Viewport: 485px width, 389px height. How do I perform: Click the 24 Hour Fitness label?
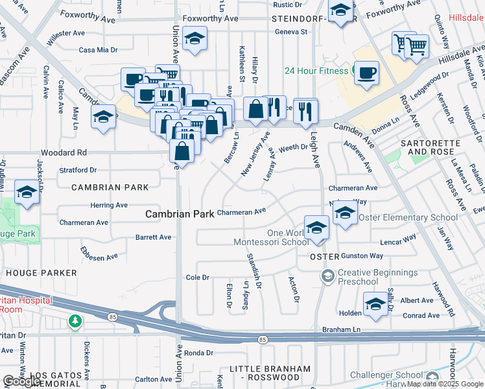click(315, 71)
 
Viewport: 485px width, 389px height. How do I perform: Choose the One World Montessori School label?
click(271, 237)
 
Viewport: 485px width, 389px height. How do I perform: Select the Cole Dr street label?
click(198, 277)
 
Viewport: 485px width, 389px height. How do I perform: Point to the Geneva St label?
click(290, 32)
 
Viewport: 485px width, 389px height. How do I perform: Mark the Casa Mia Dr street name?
click(98, 49)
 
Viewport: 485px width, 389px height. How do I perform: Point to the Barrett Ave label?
click(153, 237)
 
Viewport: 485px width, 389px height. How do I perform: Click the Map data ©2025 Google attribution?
click(445, 384)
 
